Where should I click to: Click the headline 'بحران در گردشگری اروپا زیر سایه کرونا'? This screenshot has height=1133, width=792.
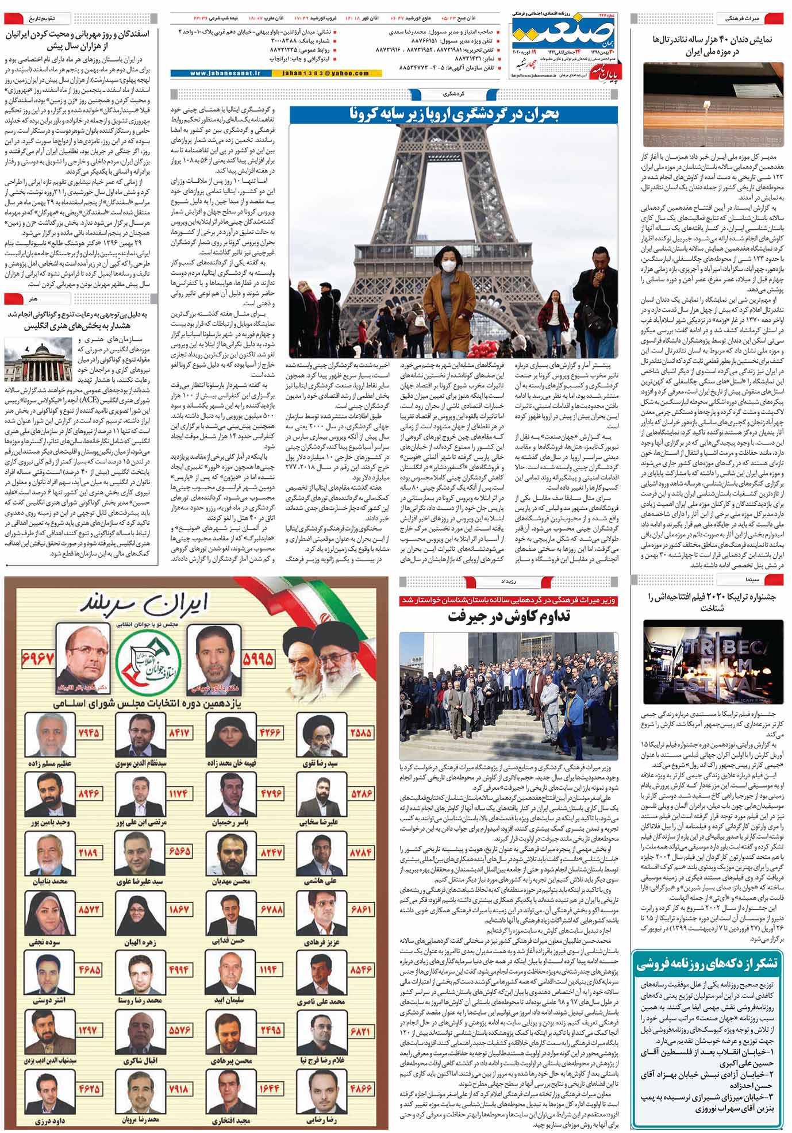point(454,114)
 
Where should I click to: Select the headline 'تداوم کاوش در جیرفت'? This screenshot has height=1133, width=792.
point(509,617)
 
